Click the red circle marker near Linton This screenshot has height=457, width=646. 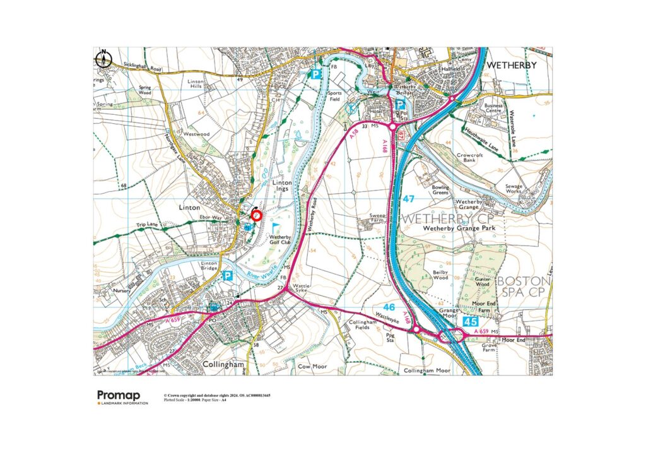tap(256, 215)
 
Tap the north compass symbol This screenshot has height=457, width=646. tap(103, 60)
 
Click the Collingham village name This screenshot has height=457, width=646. tap(223, 364)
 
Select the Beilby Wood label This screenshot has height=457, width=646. tap(440, 275)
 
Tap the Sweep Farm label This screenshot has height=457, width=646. tap(377, 218)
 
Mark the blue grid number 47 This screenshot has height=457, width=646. tap(409, 199)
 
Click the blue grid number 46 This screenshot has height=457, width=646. tap(389, 306)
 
